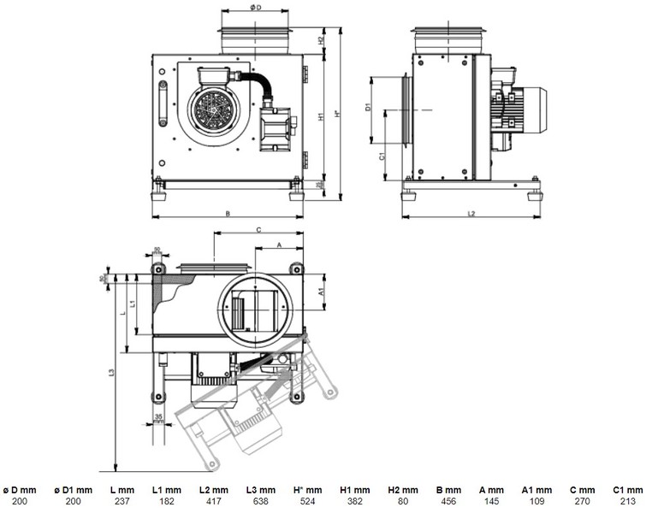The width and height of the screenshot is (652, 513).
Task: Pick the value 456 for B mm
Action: coord(448,499)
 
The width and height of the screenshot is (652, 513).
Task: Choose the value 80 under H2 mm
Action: coord(402,499)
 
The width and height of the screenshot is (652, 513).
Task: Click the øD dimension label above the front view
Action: coord(255,8)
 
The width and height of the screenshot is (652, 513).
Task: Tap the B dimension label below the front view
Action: coord(227,213)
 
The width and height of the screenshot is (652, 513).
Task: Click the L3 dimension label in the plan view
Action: coord(112,373)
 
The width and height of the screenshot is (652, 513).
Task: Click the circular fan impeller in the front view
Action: coord(210,112)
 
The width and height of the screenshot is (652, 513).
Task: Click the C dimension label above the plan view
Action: coord(258,229)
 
